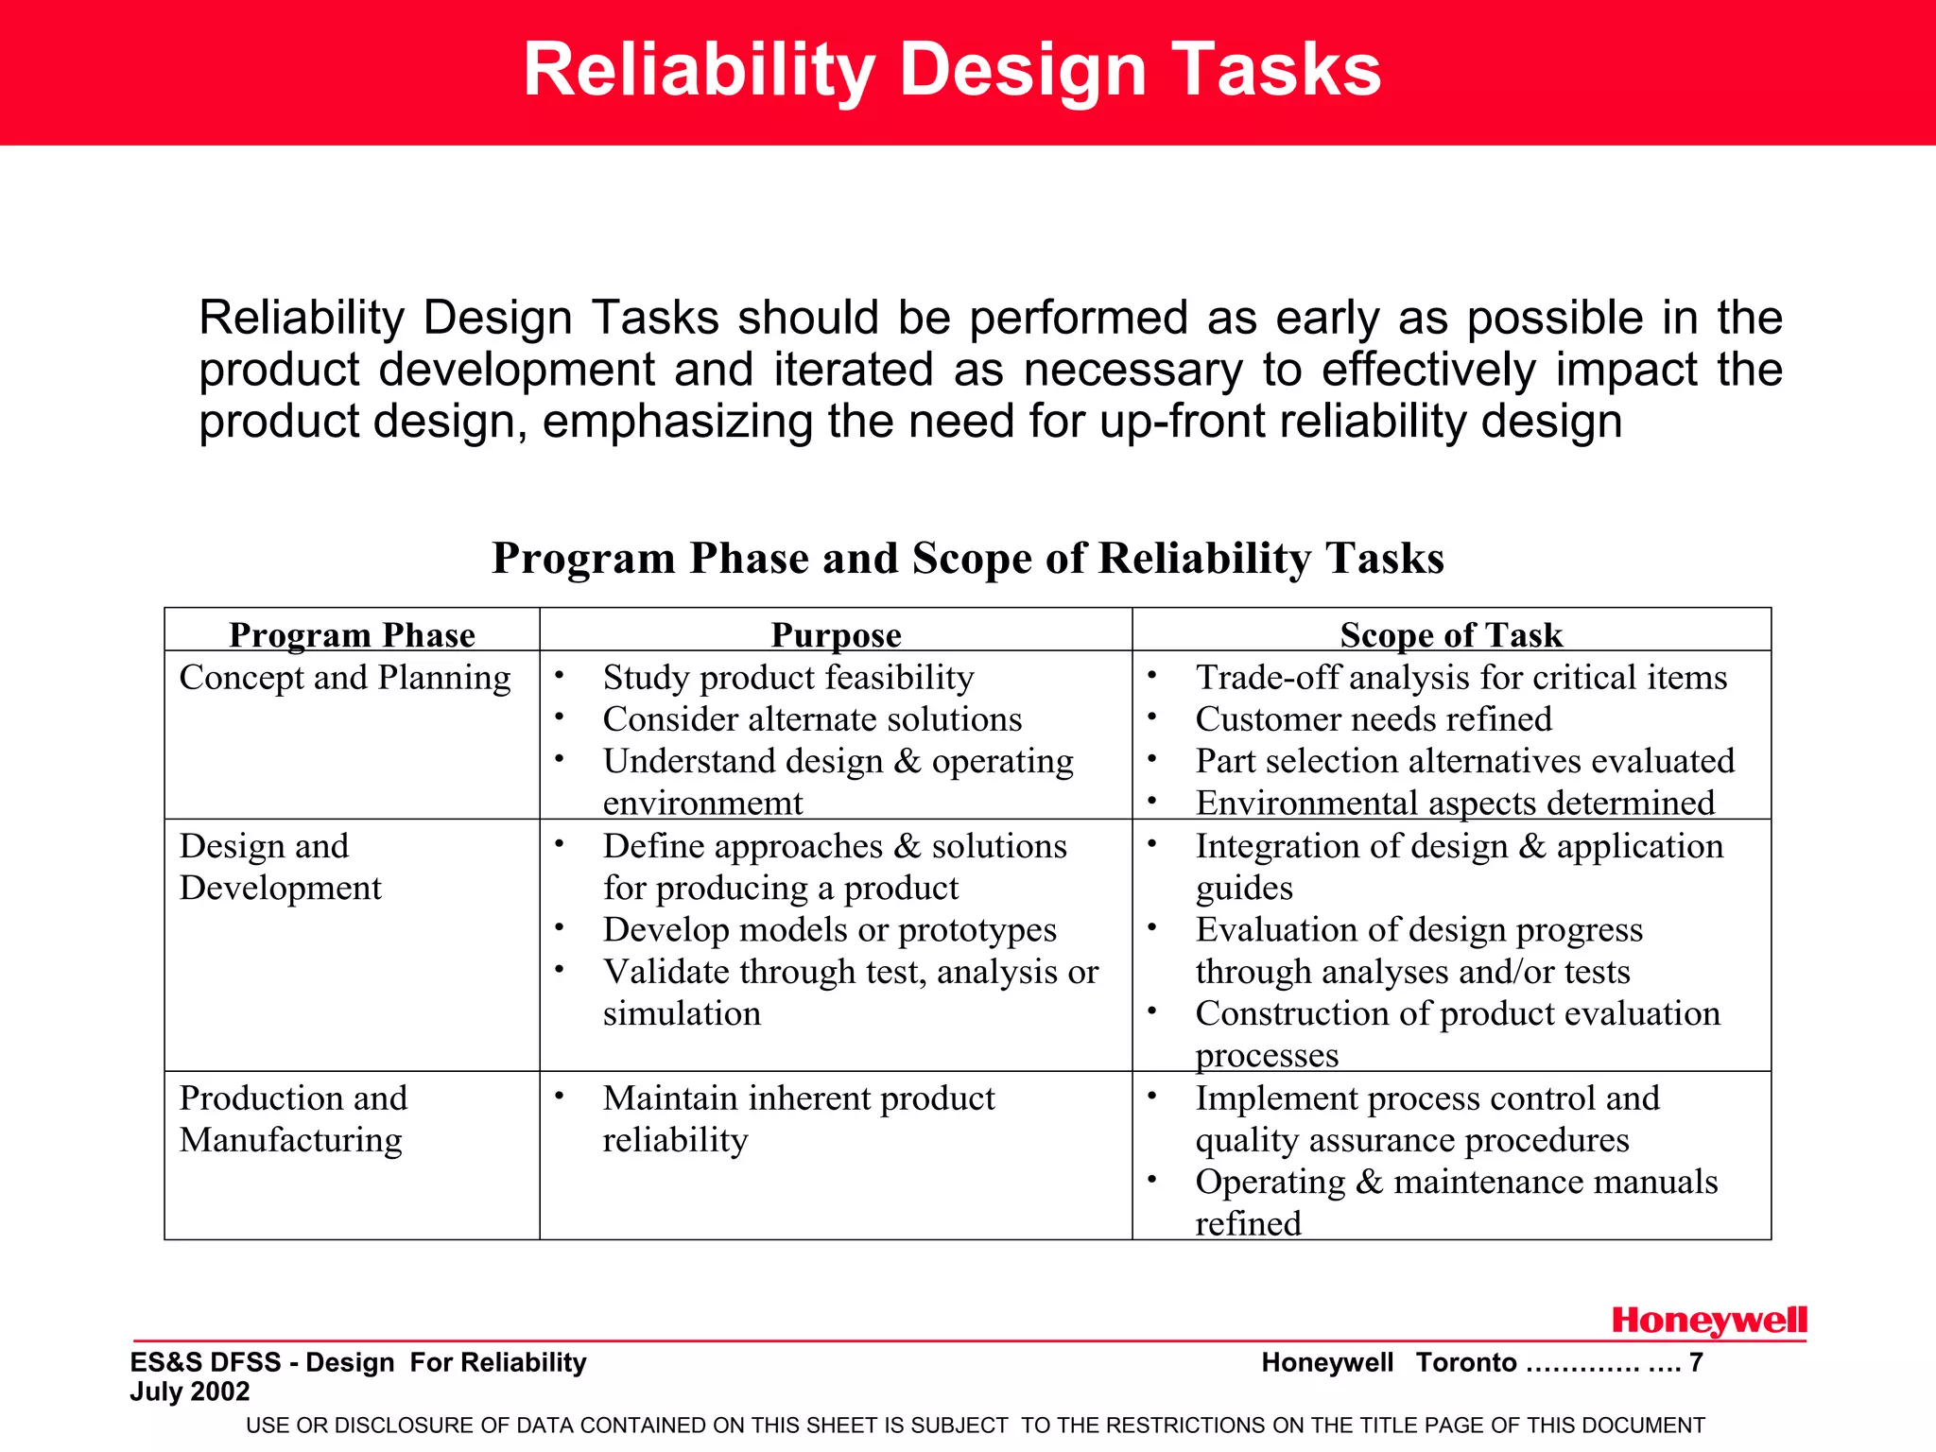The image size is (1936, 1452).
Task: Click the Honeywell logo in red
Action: pyautogui.click(x=1708, y=1321)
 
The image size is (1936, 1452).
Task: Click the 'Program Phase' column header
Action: pyautogui.click(x=352, y=634)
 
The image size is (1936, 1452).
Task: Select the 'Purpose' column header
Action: pyautogui.click(x=836, y=634)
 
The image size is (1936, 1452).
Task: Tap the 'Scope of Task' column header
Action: pyautogui.click(x=1451, y=634)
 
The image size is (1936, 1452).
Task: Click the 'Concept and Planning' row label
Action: pyautogui.click(x=345, y=678)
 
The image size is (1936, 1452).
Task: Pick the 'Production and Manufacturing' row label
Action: pyautogui.click(x=293, y=1118)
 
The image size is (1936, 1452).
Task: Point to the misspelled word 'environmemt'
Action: pyautogui.click(x=702, y=803)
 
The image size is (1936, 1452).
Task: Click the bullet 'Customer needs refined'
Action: pyautogui.click(x=1373, y=719)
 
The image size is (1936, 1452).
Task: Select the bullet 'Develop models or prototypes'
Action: pyautogui.click(x=829, y=929)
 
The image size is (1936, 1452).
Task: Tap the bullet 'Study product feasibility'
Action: pyautogui.click(x=788, y=678)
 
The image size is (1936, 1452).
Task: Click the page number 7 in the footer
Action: pyautogui.click(x=1696, y=1362)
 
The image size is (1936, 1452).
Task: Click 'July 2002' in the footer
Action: pyautogui.click(x=190, y=1391)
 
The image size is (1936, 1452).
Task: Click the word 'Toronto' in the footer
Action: pyautogui.click(x=1465, y=1362)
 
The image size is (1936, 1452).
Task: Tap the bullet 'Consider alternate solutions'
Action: pyautogui.click(x=812, y=719)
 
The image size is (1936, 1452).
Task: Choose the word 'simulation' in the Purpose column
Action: pyautogui.click(x=682, y=1013)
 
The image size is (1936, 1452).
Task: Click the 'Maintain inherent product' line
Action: pyautogui.click(x=799, y=1098)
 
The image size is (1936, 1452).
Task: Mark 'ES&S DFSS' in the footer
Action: pyautogui.click(x=205, y=1362)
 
